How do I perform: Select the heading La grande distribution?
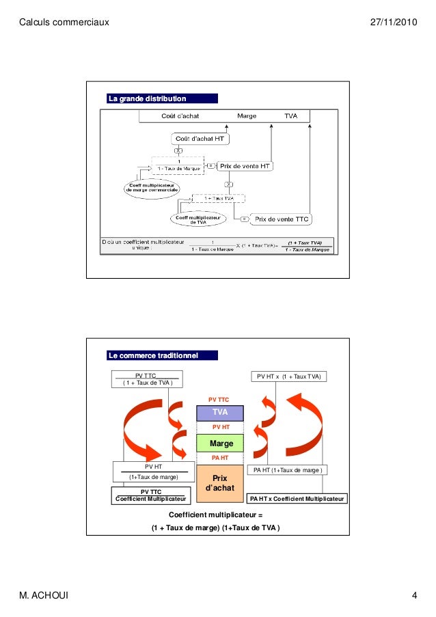[x=147, y=98]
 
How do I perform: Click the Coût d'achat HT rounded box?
[x=200, y=139]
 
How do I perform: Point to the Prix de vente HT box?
[x=245, y=165]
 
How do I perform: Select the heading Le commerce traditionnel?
[x=154, y=355]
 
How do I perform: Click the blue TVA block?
[x=220, y=412]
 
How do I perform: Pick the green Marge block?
[x=220, y=443]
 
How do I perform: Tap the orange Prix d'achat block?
[x=220, y=483]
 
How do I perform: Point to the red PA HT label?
[x=220, y=458]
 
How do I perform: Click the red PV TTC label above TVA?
[x=219, y=399]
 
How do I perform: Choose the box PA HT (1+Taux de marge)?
[x=288, y=470]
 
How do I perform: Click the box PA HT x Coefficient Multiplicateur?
[x=297, y=499]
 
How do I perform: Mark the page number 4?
[x=414, y=596]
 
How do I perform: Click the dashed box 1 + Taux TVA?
[x=218, y=197]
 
